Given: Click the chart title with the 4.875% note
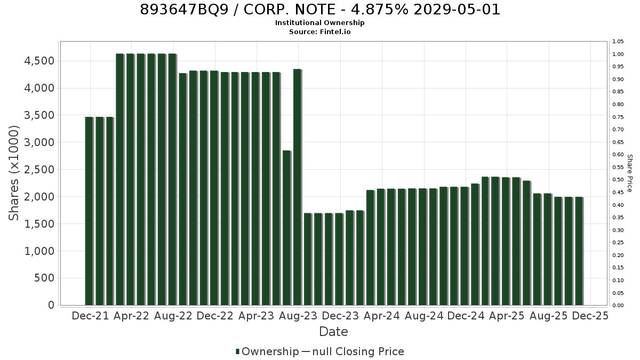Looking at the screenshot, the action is tap(320, 10).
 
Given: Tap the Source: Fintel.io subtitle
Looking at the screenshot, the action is tap(319, 31).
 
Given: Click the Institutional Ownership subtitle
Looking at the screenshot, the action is tap(319, 23).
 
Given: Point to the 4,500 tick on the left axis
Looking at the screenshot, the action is tap(39, 61).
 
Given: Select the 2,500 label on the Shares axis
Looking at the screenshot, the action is tap(39, 170).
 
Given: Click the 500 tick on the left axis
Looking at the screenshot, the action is tap(44, 278).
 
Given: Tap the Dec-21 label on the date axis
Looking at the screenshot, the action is tap(90, 316).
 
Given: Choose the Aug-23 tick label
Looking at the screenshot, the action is tap(298, 316).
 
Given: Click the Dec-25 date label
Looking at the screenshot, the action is tap(590, 316).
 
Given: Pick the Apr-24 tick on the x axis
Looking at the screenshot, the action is tap(382, 316).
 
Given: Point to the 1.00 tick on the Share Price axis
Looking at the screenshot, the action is tap(618, 54).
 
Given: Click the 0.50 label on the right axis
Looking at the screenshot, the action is tap(618, 180).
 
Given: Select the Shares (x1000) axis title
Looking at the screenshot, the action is tap(13, 173).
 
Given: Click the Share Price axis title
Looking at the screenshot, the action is tap(629, 173).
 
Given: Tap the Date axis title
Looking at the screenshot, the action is tap(333, 332).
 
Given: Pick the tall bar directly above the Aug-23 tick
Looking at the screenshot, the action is tap(298, 187).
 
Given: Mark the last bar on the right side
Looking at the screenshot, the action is tap(579, 251).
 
